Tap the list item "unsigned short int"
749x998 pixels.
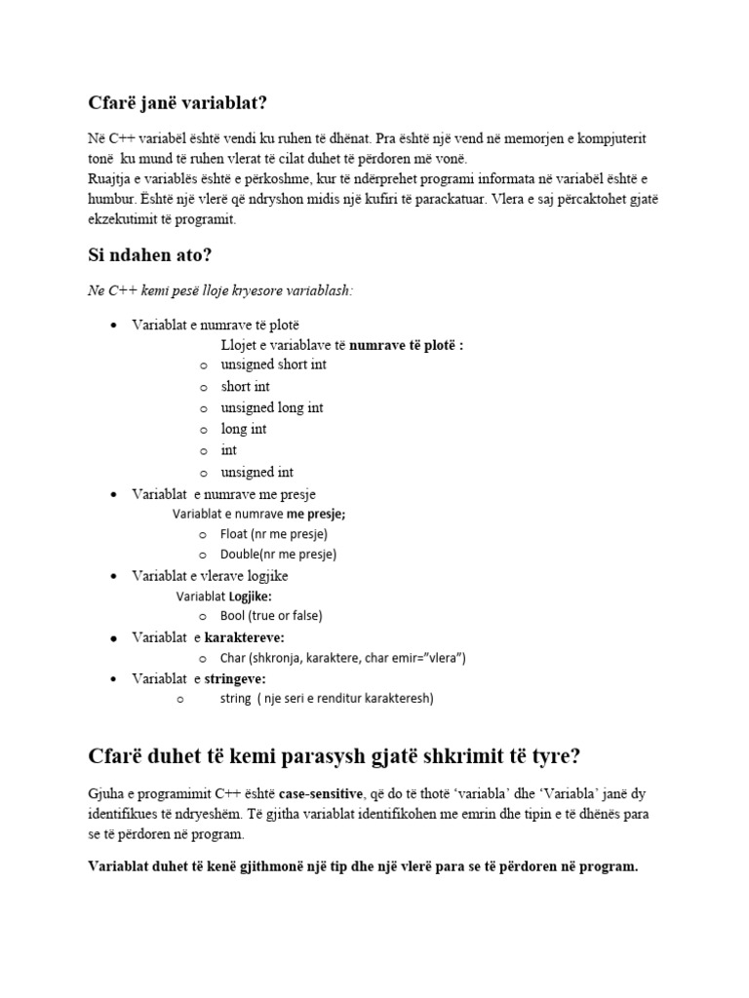click(274, 365)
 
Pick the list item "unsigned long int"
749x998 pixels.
click(272, 407)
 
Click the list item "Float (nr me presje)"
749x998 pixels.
click(274, 534)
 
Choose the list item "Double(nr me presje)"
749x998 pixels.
click(278, 555)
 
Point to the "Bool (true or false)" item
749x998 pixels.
click(271, 616)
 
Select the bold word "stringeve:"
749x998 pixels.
click(235, 678)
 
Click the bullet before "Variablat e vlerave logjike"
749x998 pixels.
click(115, 576)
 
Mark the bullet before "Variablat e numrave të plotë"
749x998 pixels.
click(115, 325)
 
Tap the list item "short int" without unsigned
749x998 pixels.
click(246, 386)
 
